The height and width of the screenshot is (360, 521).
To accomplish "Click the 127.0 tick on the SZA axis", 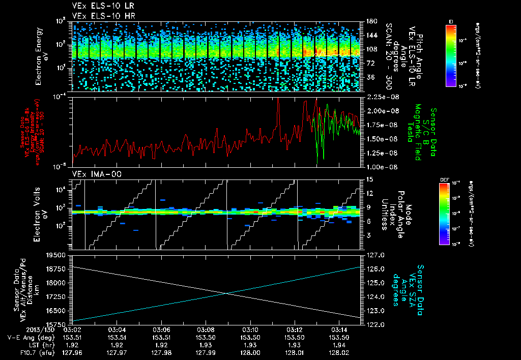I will pos(374,255).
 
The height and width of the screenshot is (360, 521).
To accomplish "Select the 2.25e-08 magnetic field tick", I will pos(383,97).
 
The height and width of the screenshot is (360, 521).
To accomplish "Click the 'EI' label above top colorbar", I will pos(451,20).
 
